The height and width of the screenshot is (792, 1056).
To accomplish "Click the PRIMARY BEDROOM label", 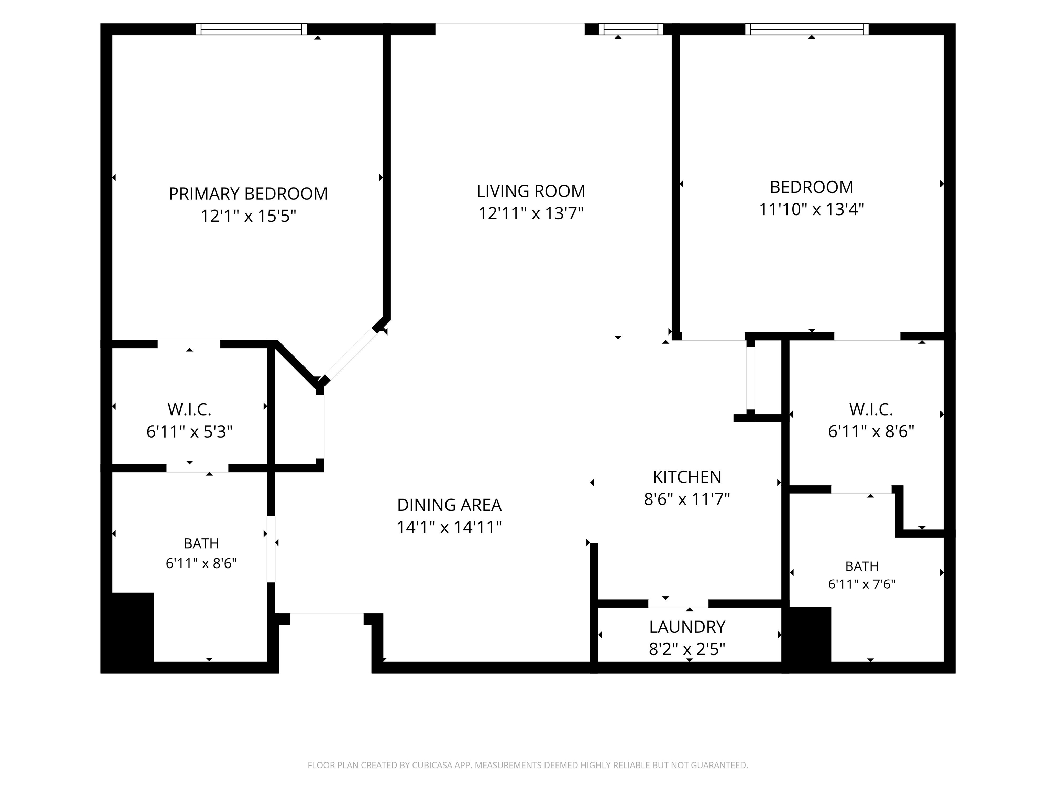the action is tap(248, 194).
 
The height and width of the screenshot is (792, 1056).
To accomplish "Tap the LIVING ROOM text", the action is tap(531, 191).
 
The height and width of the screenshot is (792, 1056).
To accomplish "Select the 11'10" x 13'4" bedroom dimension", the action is tap(812, 209).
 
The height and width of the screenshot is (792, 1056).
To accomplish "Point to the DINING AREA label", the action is tap(449, 505).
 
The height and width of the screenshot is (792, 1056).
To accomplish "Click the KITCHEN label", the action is tap(687, 477).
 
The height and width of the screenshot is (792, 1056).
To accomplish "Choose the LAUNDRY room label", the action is tap(687, 626).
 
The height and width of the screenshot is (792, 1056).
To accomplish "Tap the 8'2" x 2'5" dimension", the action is tap(687, 649).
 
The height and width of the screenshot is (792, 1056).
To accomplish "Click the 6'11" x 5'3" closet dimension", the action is tap(189, 431).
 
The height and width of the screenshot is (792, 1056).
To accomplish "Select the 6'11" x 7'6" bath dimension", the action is tap(862, 584).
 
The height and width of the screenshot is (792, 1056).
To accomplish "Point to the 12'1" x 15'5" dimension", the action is tap(248, 216).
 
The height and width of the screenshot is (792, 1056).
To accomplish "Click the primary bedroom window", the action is tap(251, 29).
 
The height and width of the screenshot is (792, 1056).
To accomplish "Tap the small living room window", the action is tap(631, 29).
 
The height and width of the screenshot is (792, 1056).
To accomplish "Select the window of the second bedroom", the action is tap(807, 29).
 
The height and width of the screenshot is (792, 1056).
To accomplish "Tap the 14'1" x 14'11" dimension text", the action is tap(449, 527).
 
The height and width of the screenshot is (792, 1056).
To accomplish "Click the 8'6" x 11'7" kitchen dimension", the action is tap(687, 499).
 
